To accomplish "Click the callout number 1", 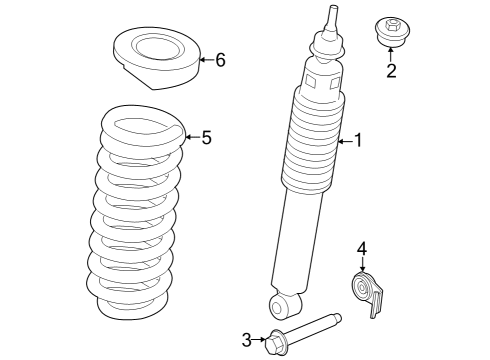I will (x=358, y=141).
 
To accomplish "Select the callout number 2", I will (x=391, y=70).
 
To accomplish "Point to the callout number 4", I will (x=363, y=248).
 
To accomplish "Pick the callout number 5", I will (x=207, y=137).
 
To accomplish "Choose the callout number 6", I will (x=220, y=60).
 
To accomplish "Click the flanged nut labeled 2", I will (x=390, y=29).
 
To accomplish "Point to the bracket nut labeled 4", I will (x=366, y=292).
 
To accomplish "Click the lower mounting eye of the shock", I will (x=283, y=304).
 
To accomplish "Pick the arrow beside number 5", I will (x=192, y=137).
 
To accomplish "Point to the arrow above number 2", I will (x=391, y=52).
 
